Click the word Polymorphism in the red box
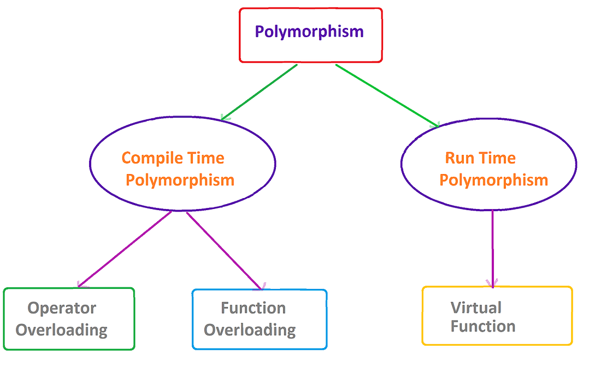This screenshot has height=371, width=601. click(309, 31)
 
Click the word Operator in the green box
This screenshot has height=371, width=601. click(62, 308)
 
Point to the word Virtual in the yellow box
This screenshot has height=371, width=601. click(476, 308)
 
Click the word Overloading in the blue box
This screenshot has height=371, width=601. click(250, 331)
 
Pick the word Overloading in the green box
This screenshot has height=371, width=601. click(62, 331)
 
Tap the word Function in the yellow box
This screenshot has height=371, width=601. click(483, 327)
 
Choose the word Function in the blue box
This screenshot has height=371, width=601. click(253, 308)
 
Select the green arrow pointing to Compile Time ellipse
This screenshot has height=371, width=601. click(259, 92)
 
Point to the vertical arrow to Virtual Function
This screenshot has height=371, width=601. click(493, 246)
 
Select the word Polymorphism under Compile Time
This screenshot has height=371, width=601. click(180, 180)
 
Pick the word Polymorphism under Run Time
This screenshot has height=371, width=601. click(494, 180)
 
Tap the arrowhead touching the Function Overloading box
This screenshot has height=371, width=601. click(262, 286)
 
